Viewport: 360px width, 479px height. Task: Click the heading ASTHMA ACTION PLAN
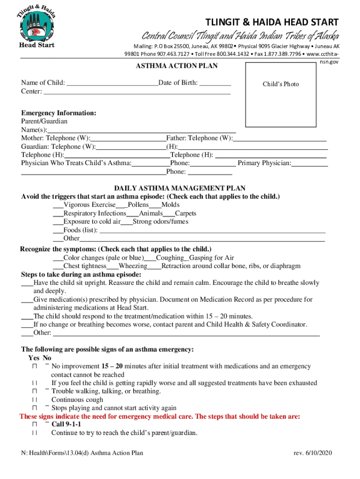click(176, 66)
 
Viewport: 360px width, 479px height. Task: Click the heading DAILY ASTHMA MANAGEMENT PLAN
click(180, 188)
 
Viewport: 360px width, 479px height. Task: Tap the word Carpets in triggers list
click(185, 213)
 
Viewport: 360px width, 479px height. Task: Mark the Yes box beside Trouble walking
click(35, 391)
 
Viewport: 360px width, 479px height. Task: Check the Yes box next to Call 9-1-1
click(35, 424)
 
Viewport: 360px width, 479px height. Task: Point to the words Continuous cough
click(77, 399)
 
